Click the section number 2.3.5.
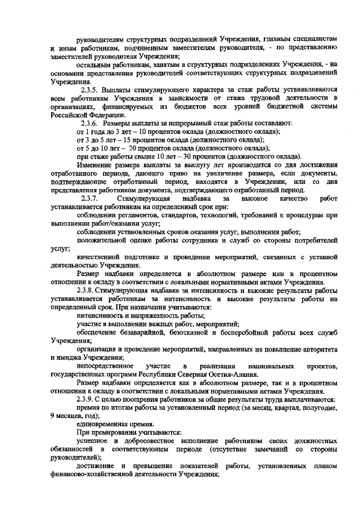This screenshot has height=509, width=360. click(x=91, y=89)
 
